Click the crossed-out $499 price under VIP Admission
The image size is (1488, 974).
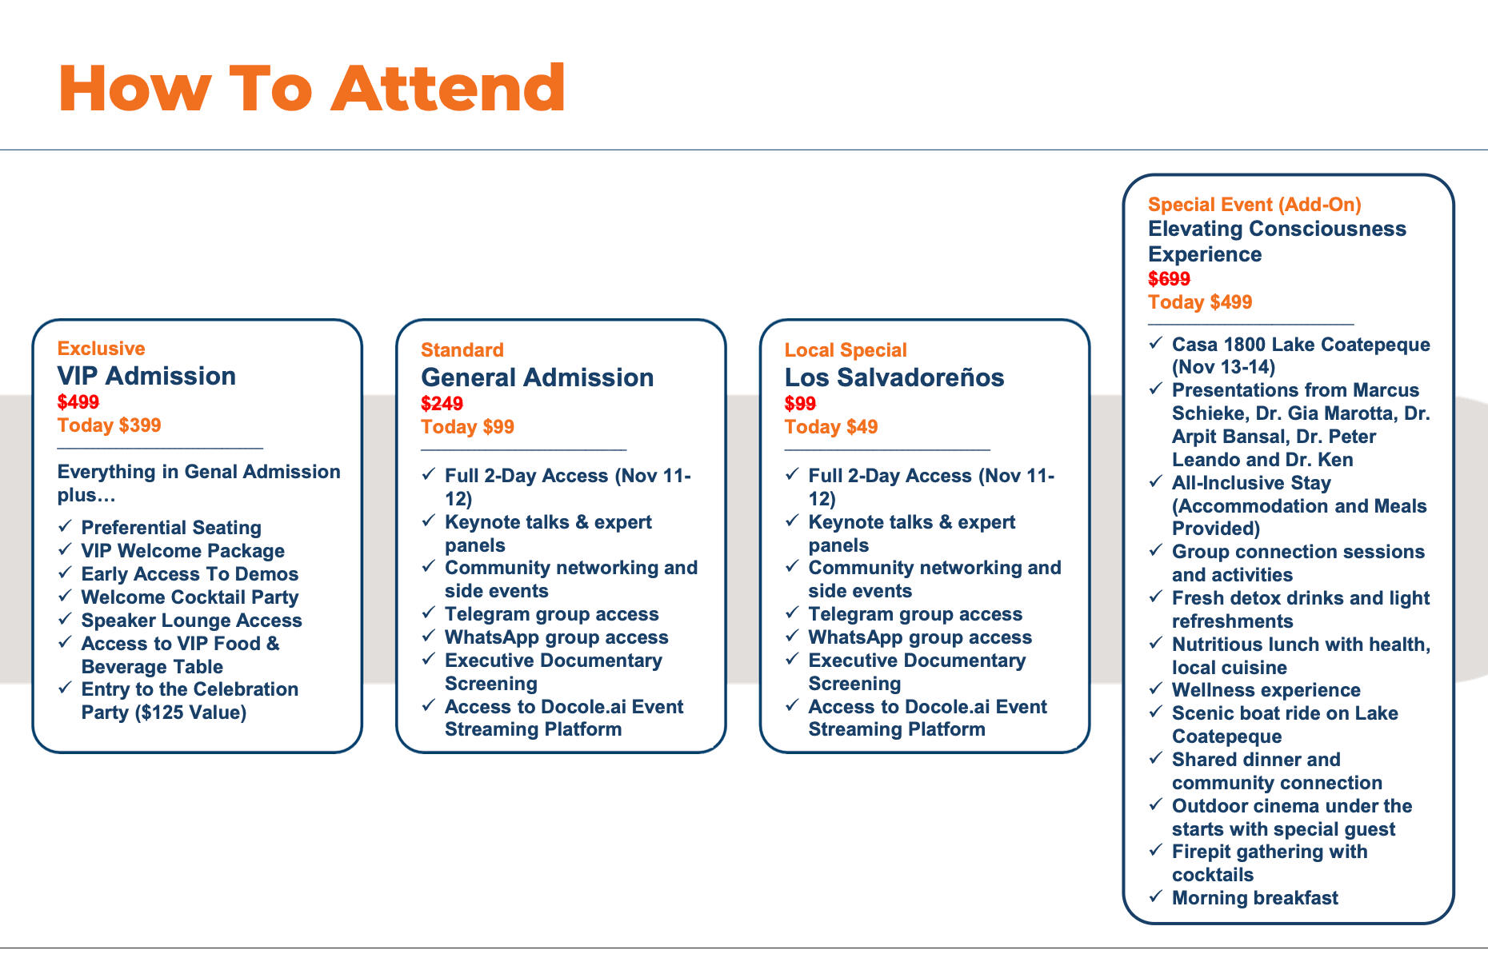click(78, 402)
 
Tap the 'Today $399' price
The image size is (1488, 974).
click(110, 425)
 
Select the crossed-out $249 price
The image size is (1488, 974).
click(442, 404)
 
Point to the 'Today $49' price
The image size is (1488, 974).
click(831, 427)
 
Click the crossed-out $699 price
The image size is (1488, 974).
click(1170, 279)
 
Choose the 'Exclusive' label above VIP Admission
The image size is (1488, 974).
click(102, 349)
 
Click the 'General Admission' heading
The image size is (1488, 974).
click(538, 377)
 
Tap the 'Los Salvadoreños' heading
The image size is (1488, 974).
click(894, 377)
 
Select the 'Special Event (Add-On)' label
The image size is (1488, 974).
click(1254, 205)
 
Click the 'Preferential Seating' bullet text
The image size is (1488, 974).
click(171, 528)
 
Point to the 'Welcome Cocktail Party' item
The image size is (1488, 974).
click(190, 597)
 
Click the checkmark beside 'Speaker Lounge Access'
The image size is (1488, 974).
click(66, 619)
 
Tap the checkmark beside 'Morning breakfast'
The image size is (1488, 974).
click(1156, 896)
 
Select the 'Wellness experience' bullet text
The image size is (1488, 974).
click(1266, 690)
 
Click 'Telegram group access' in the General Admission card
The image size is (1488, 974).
click(552, 614)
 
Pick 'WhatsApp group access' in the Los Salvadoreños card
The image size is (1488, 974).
click(920, 637)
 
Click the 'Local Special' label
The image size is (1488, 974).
click(846, 350)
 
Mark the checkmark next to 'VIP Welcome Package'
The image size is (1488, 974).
click(66, 549)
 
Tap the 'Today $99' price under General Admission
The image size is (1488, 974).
click(468, 427)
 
